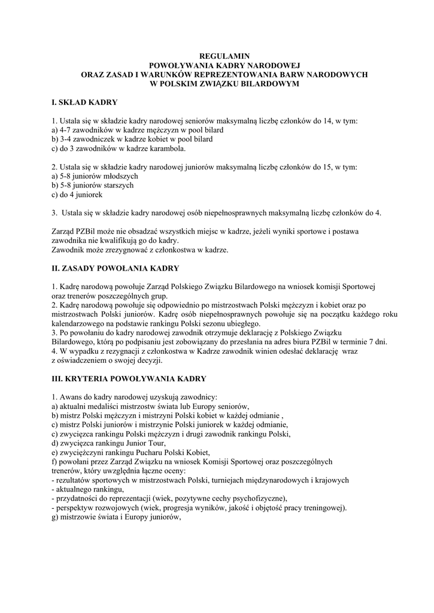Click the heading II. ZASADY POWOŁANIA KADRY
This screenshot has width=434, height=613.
click(x=116, y=268)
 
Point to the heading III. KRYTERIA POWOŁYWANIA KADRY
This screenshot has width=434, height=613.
click(x=129, y=379)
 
